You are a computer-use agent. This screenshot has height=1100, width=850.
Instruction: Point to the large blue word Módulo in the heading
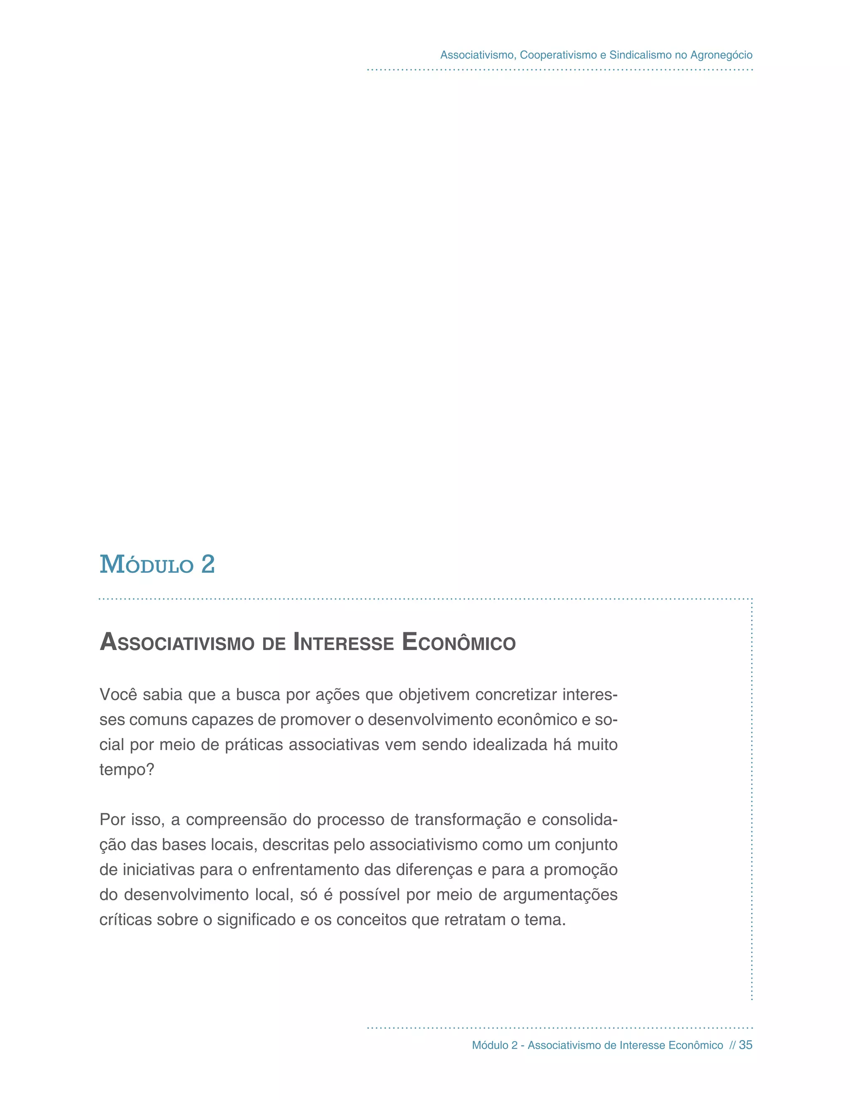[x=147, y=565]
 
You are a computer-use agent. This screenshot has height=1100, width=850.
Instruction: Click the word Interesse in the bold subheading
[x=343, y=643]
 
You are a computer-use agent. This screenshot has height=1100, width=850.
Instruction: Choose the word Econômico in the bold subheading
[x=459, y=643]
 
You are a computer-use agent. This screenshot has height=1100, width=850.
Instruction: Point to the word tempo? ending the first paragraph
[x=127, y=770]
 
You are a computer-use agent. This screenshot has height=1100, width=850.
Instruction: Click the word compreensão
[x=236, y=819]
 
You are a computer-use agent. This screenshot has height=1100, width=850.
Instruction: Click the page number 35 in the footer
[x=745, y=1045]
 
